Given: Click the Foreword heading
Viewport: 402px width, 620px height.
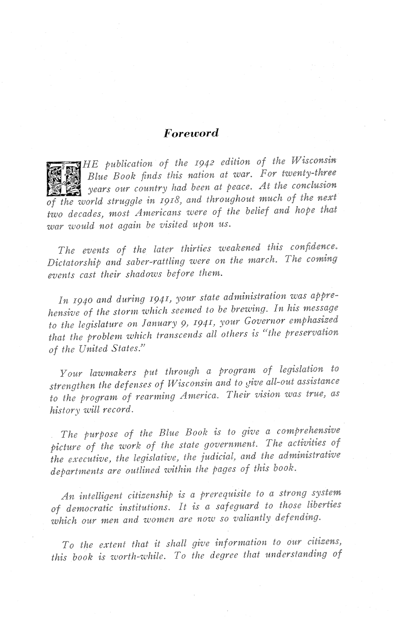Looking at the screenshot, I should pos(191,133).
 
